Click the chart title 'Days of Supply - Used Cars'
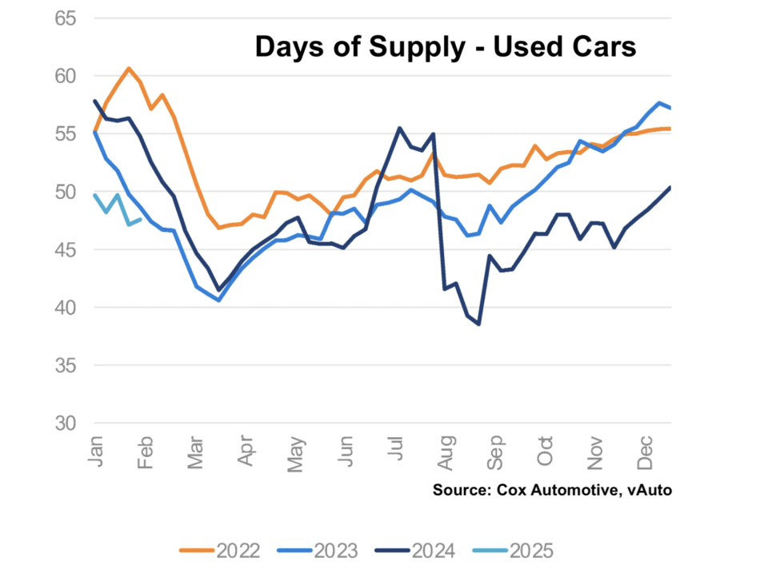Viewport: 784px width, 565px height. [x=445, y=47]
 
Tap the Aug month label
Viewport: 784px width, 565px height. [x=448, y=452]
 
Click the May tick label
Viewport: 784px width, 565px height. [x=296, y=452]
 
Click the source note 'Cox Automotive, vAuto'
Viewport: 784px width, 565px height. [x=552, y=489]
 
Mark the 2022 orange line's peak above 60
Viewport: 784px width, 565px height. [x=129, y=68]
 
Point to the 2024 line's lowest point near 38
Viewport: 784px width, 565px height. [x=478, y=324]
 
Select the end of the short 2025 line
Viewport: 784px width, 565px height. [x=142, y=220]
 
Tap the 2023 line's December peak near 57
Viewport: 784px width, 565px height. [x=659, y=103]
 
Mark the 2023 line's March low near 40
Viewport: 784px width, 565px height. [x=218, y=300]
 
